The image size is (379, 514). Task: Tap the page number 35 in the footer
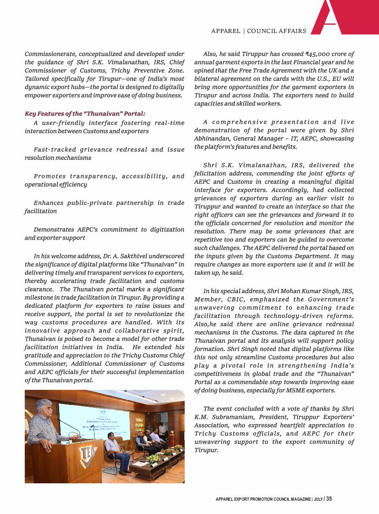pos(329,499)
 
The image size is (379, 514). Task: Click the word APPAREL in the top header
pos(225,31)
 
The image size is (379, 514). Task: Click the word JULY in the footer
pos(317,499)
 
